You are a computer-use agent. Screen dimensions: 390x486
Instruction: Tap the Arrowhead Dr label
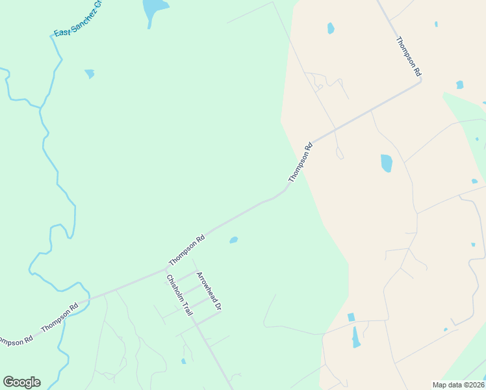pyautogui.click(x=209, y=291)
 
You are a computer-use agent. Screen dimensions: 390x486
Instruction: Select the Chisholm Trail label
pyautogui.click(x=179, y=295)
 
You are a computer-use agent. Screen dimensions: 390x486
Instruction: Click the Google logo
pyautogui.click(x=21, y=382)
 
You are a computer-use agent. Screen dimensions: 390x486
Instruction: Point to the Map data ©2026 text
pyautogui.click(x=459, y=385)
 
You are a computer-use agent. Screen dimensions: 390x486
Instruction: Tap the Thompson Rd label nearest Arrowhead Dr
pyautogui.click(x=187, y=250)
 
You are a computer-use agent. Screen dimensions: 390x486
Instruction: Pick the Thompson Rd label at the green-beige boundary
pyautogui.click(x=301, y=162)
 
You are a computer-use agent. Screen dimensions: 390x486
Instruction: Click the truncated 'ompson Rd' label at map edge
pyautogui.click(x=14, y=340)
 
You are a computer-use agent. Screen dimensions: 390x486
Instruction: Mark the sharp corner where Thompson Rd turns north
pyautogui.click(x=420, y=81)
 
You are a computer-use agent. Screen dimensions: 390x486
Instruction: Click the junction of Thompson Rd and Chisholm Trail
pyautogui.click(x=166, y=268)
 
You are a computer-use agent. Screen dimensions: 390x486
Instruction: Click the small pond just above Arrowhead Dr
pyautogui.click(x=233, y=240)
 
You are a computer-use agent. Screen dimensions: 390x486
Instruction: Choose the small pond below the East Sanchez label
pyautogui.click(x=90, y=73)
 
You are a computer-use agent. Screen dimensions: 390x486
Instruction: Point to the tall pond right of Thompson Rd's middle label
pyautogui.click(x=387, y=162)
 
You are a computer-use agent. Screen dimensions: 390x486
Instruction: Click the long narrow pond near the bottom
pyautogui.click(x=355, y=336)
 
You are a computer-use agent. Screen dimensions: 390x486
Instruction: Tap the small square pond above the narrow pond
pyautogui.click(x=352, y=317)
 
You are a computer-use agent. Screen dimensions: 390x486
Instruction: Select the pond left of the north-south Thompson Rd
pyautogui.click(x=331, y=28)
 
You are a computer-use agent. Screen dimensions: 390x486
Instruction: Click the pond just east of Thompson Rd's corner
pyautogui.click(x=459, y=84)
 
